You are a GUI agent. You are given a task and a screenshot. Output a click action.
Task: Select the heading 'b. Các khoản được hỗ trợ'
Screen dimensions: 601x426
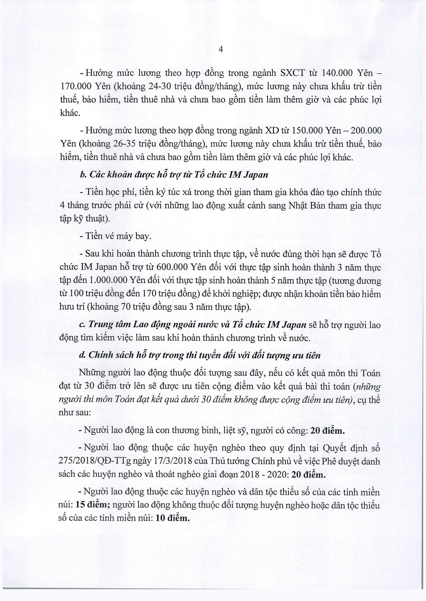pyautogui.click(x=174, y=175)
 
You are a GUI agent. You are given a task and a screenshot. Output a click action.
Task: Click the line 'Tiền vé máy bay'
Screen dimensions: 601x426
pyautogui.click(x=116, y=236)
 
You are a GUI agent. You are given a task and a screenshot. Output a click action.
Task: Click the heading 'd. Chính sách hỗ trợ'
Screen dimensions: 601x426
pyautogui.click(x=200, y=355)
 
